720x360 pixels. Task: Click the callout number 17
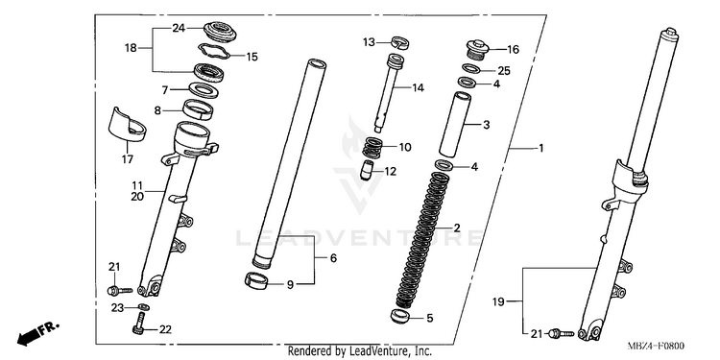[127, 159]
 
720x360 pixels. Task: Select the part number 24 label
[179, 29]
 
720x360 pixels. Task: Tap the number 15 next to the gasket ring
[252, 57]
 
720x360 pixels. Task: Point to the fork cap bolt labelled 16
[477, 50]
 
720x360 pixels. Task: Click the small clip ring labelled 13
[400, 42]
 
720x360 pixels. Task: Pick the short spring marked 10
[372, 148]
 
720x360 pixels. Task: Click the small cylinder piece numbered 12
[366, 170]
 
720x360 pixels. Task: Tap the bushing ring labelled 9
[256, 281]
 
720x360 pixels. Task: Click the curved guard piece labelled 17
[127, 124]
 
